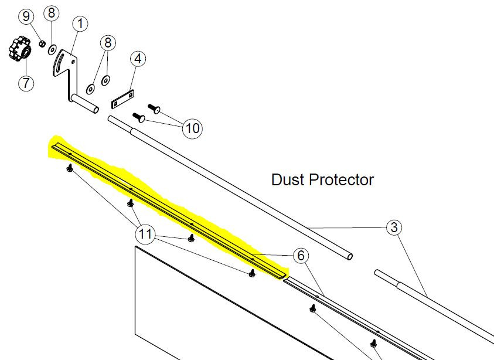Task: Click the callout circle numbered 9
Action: tap(26, 16)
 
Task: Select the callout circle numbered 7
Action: tap(26, 83)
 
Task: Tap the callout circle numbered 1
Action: tap(80, 23)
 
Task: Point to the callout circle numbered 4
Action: tap(138, 59)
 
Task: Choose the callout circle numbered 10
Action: tap(192, 128)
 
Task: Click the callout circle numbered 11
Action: tap(145, 234)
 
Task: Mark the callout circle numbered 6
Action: tap(301, 255)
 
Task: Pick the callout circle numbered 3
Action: tap(394, 227)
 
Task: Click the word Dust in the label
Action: tap(288, 179)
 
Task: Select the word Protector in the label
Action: tap(341, 179)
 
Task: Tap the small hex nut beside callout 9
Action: tap(42, 43)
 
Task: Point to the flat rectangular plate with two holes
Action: tap(123, 99)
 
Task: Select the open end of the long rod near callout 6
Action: tap(349, 257)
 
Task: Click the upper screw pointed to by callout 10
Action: tap(154, 108)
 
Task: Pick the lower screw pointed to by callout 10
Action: tap(139, 117)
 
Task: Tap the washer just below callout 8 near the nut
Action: tap(52, 49)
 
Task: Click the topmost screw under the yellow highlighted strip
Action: tap(70, 168)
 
